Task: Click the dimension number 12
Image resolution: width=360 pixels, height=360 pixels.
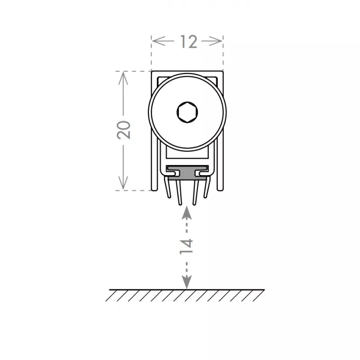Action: (x=189, y=42)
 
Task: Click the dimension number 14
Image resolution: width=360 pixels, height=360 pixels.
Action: (x=186, y=247)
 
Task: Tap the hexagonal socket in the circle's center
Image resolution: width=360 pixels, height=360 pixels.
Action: (x=187, y=112)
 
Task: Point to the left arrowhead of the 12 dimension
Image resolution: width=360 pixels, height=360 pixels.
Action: (x=159, y=41)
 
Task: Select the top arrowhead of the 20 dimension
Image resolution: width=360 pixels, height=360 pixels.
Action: (x=123, y=78)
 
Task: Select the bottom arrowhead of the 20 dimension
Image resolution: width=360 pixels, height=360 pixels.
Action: (x=123, y=183)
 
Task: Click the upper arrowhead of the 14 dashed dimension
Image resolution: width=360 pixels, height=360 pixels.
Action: (x=187, y=212)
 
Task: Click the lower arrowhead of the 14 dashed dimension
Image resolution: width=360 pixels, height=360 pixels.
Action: (x=187, y=282)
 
